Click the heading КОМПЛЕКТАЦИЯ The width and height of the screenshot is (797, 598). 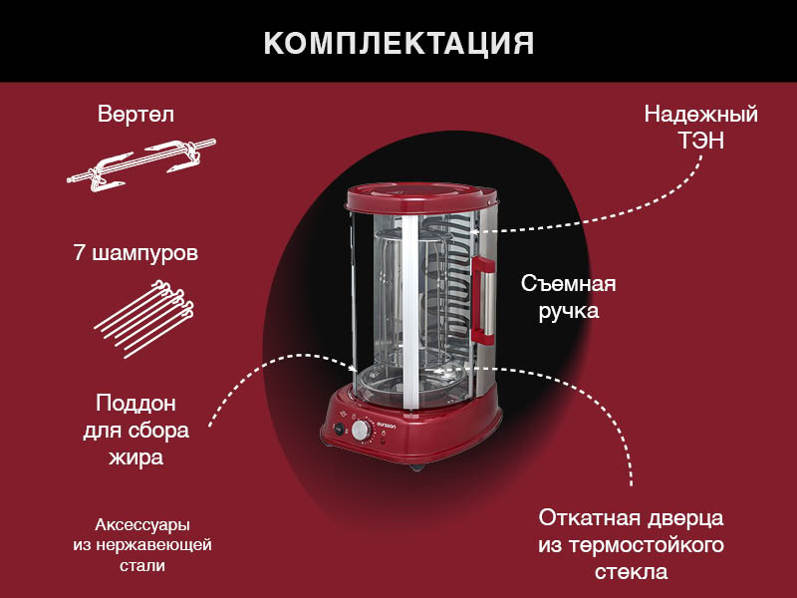click(x=398, y=43)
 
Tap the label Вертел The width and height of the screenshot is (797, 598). click(x=135, y=114)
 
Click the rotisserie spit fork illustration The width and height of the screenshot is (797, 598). click(x=141, y=164)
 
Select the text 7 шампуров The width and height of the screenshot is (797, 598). click(x=135, y=253)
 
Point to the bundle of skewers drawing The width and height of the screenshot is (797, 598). click(x=144, y=318)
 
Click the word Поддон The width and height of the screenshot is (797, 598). click(x=135, y=404)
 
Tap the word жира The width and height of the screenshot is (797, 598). click(x=135, y=457)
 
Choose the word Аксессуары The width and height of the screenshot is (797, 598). click(x=142, y=524)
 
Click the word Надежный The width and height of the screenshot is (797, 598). click(x=701, y=115)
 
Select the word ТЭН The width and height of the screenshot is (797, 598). click(x=701, y=141)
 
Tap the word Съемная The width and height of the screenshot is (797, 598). click(x=568, y=283)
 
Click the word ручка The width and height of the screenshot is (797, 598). click(x=569, y=311)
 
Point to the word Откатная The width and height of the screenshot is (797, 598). click(x=589, y=518)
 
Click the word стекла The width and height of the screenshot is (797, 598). click(x=631, y=571)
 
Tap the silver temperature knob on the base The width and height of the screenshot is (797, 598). click(x=362, y=431)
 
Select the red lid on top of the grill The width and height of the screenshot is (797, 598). click(x=421, y=197)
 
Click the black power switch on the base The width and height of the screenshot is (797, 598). click(x=339, y=430)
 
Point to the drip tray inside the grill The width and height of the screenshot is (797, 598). click(x=411, y=379)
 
